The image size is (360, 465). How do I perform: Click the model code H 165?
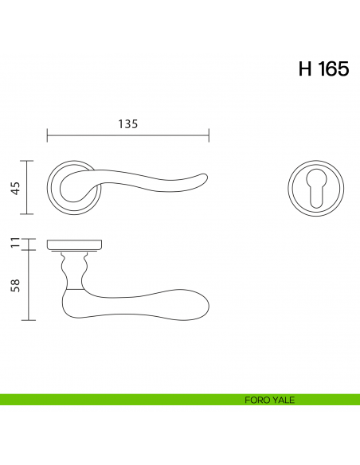pos(323,69)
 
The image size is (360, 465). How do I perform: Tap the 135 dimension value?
pos(128,123)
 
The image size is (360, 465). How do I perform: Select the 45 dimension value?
pos(14,188)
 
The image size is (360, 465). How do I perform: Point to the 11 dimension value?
pos(14,243)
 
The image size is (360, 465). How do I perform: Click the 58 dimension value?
pos(14,285)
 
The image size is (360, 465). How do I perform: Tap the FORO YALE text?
pos(270,400)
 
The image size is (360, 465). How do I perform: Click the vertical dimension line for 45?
pos(29,188)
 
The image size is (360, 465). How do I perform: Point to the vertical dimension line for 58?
pos(29,285)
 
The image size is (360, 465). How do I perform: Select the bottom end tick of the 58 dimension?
pos(29,320)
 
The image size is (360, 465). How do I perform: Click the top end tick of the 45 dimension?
pos(29,161)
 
